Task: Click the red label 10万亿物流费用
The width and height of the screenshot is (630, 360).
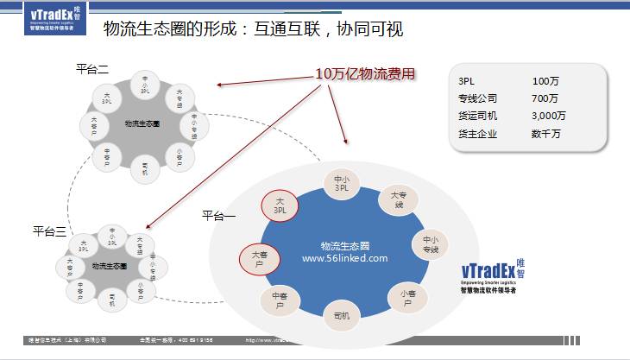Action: pos(366,74)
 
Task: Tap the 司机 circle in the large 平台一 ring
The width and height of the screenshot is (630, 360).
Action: pos(341,316)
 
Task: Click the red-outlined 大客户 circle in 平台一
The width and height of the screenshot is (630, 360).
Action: pos(259,258)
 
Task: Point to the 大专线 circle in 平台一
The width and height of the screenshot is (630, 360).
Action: pos(397,201)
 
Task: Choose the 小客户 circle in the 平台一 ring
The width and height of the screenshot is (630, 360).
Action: pos(407,298)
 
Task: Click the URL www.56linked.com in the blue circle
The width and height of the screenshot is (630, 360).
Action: pos(344,257)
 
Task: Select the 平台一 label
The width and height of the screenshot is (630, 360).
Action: pos(218,214)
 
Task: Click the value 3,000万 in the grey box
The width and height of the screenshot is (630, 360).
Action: pos(549,116)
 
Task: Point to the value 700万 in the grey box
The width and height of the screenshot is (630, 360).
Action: pos(545,98)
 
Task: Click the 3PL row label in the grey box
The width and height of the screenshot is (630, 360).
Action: pos(466,80)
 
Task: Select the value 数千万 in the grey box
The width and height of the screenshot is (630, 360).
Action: pos(547,134)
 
